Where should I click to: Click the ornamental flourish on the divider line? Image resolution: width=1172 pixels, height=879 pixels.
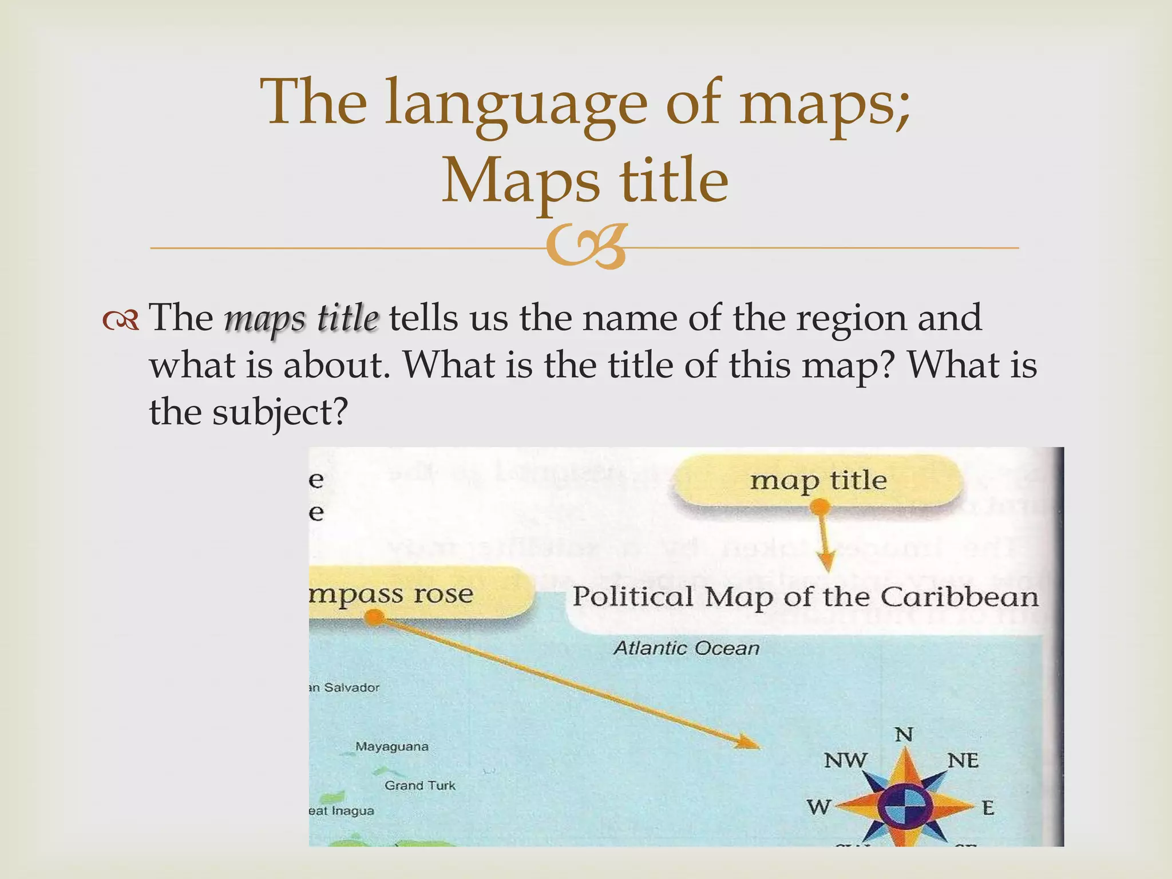(x=585, y=248)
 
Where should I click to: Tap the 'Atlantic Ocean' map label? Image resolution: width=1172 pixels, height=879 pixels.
(x=686, y=648)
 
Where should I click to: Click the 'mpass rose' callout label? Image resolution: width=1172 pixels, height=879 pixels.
(x=401, y=593)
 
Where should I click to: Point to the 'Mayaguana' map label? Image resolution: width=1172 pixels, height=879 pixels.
(x=392, y=746)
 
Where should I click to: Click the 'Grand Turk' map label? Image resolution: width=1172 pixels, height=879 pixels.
(x=420, y=785)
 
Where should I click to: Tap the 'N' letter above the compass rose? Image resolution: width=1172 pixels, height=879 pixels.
(x=904, y=734)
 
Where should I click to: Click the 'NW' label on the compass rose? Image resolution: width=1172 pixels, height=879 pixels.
(x=845, y=761)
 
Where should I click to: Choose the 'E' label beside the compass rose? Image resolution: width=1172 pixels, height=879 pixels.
(x=988, y=808)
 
